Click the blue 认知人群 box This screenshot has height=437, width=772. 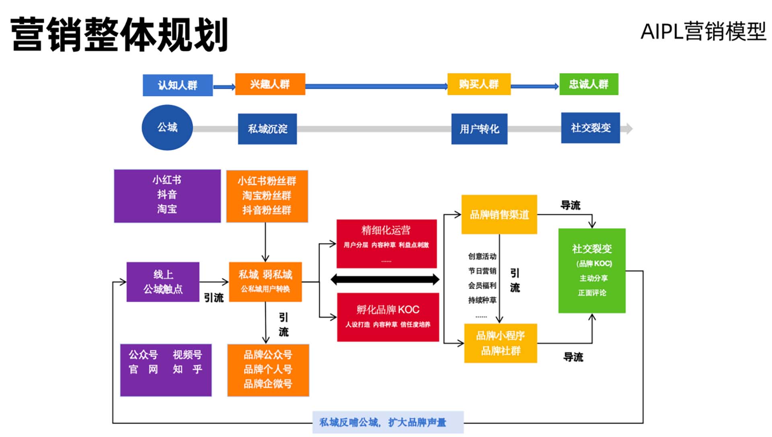(x=178, y=85)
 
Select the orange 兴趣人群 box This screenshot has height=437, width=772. (x=270, y=84)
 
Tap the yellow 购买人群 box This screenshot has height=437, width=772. (x=479, y=84)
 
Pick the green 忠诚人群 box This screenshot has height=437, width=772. (x=589, y=84)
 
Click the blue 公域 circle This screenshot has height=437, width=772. (x=167, y=128)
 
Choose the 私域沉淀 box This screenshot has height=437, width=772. (x=267, y=129)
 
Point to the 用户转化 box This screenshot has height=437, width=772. (x=479, y=129)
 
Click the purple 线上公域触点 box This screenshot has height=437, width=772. (x=163, y=282)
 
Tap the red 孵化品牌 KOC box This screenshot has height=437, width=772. (x=388, y=317)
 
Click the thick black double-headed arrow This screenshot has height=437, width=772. (x=385, y=279)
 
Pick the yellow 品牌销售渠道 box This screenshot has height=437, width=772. (x=499, y=214)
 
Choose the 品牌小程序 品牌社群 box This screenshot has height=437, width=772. (x=501, y=343)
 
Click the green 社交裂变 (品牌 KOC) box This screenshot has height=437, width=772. (x=592, y=270)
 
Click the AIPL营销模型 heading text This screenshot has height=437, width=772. (x=703, y=31)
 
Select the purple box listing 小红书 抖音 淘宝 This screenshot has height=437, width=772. (x=167, y=196)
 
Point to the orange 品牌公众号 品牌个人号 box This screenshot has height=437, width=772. (x=268, y=370)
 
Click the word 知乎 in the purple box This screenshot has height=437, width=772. (x=187, y=369)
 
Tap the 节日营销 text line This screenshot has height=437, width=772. (x=482, y=271)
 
